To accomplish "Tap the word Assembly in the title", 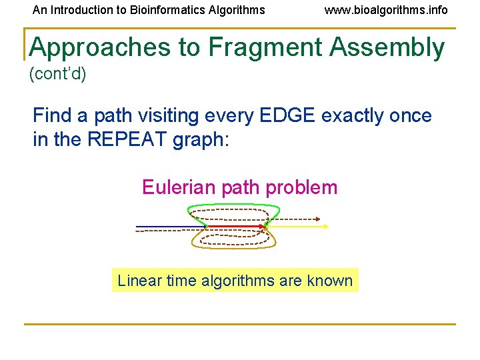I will pos(390,48).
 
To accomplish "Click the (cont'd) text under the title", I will pos(58,74).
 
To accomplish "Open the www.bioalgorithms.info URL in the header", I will pos(386,10).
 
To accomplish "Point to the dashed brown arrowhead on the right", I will pos(318,219).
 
